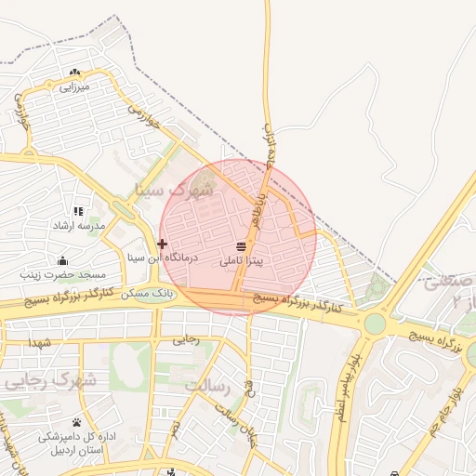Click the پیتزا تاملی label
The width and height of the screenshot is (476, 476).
pos(242,262)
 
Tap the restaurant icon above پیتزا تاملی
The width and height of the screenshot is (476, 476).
pos(242,246)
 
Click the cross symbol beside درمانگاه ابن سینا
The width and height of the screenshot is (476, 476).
pos(162,244)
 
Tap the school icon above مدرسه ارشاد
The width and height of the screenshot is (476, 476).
pos(78,211)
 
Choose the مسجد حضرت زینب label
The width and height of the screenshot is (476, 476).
pos(65,275)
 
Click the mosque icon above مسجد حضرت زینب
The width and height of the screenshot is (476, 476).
pos(63,260)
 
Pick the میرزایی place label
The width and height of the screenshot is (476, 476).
pos(73,87)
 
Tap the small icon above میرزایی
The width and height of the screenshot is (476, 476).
pos(74,73)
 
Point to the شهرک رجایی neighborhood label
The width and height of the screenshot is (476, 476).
pos(49,380)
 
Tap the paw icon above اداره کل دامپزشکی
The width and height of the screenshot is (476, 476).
pos(77,422)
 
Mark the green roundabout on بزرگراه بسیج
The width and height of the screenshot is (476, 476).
pos(375,323)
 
